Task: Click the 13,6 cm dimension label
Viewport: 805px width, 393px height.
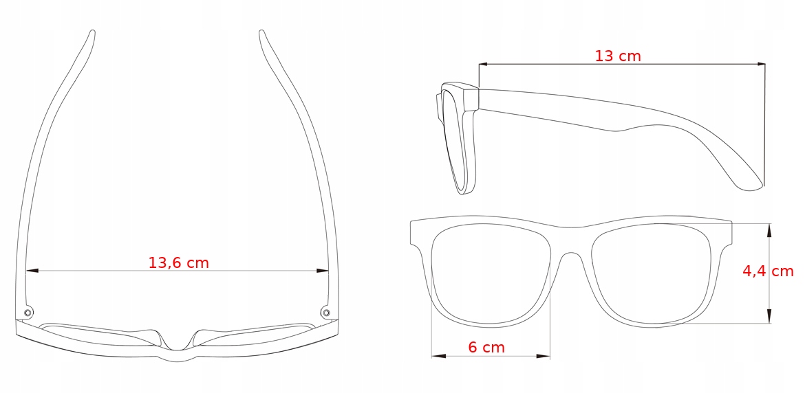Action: coord(178,262)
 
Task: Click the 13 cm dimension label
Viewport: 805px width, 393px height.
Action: coord(617,56)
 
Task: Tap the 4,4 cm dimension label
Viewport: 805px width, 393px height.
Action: coord(767,271)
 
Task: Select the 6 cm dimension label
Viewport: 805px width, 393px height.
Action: coord(486,347)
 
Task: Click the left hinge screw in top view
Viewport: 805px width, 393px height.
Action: coord(28,313)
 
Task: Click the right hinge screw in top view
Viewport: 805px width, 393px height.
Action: coord(325,313)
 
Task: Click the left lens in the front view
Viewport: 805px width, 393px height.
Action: coord(491,275)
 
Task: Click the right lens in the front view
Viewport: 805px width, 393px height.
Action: coord(650,275)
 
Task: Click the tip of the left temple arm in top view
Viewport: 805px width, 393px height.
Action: coord(92,32)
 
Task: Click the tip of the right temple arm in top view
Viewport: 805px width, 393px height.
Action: coord(261,32)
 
